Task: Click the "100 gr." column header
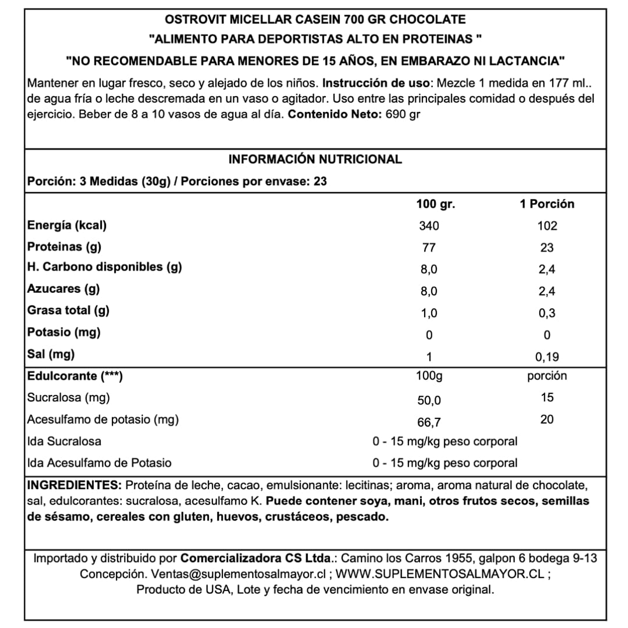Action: (435, 204)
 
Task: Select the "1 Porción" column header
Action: (547, 204)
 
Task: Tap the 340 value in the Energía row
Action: (429, 226)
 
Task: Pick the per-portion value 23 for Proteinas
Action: (547, 248)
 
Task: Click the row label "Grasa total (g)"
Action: (68, 311)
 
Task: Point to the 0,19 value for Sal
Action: (547, 357)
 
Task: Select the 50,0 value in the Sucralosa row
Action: (429, 400)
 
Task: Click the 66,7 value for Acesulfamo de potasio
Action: (429, 422)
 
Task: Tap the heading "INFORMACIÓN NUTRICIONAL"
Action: (315, 159)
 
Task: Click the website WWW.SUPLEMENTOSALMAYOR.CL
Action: (440, 574)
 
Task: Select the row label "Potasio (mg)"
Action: (64, 332)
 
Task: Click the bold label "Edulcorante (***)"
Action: (75, 376)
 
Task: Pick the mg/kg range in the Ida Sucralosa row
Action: (445, 442)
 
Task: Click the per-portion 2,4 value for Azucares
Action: (547, 291)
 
